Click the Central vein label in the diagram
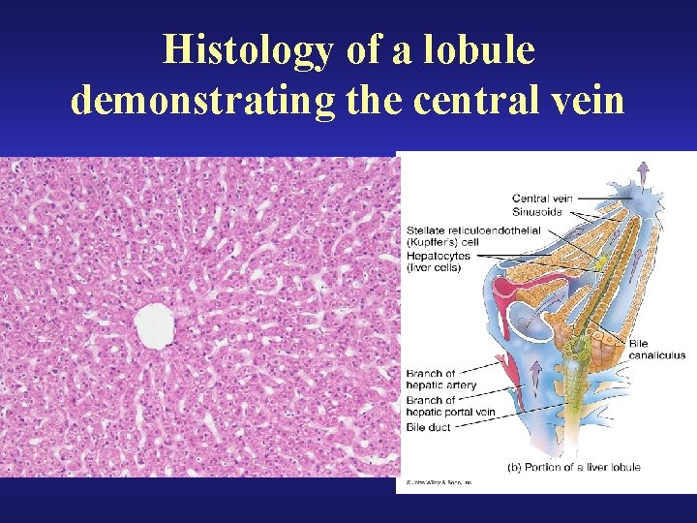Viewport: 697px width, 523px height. tap(542, 199)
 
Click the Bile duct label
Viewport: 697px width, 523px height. tap(430, 427)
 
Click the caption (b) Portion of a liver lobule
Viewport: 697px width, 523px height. tap(574, 467)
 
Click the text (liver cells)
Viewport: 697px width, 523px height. tap(434, 267)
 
